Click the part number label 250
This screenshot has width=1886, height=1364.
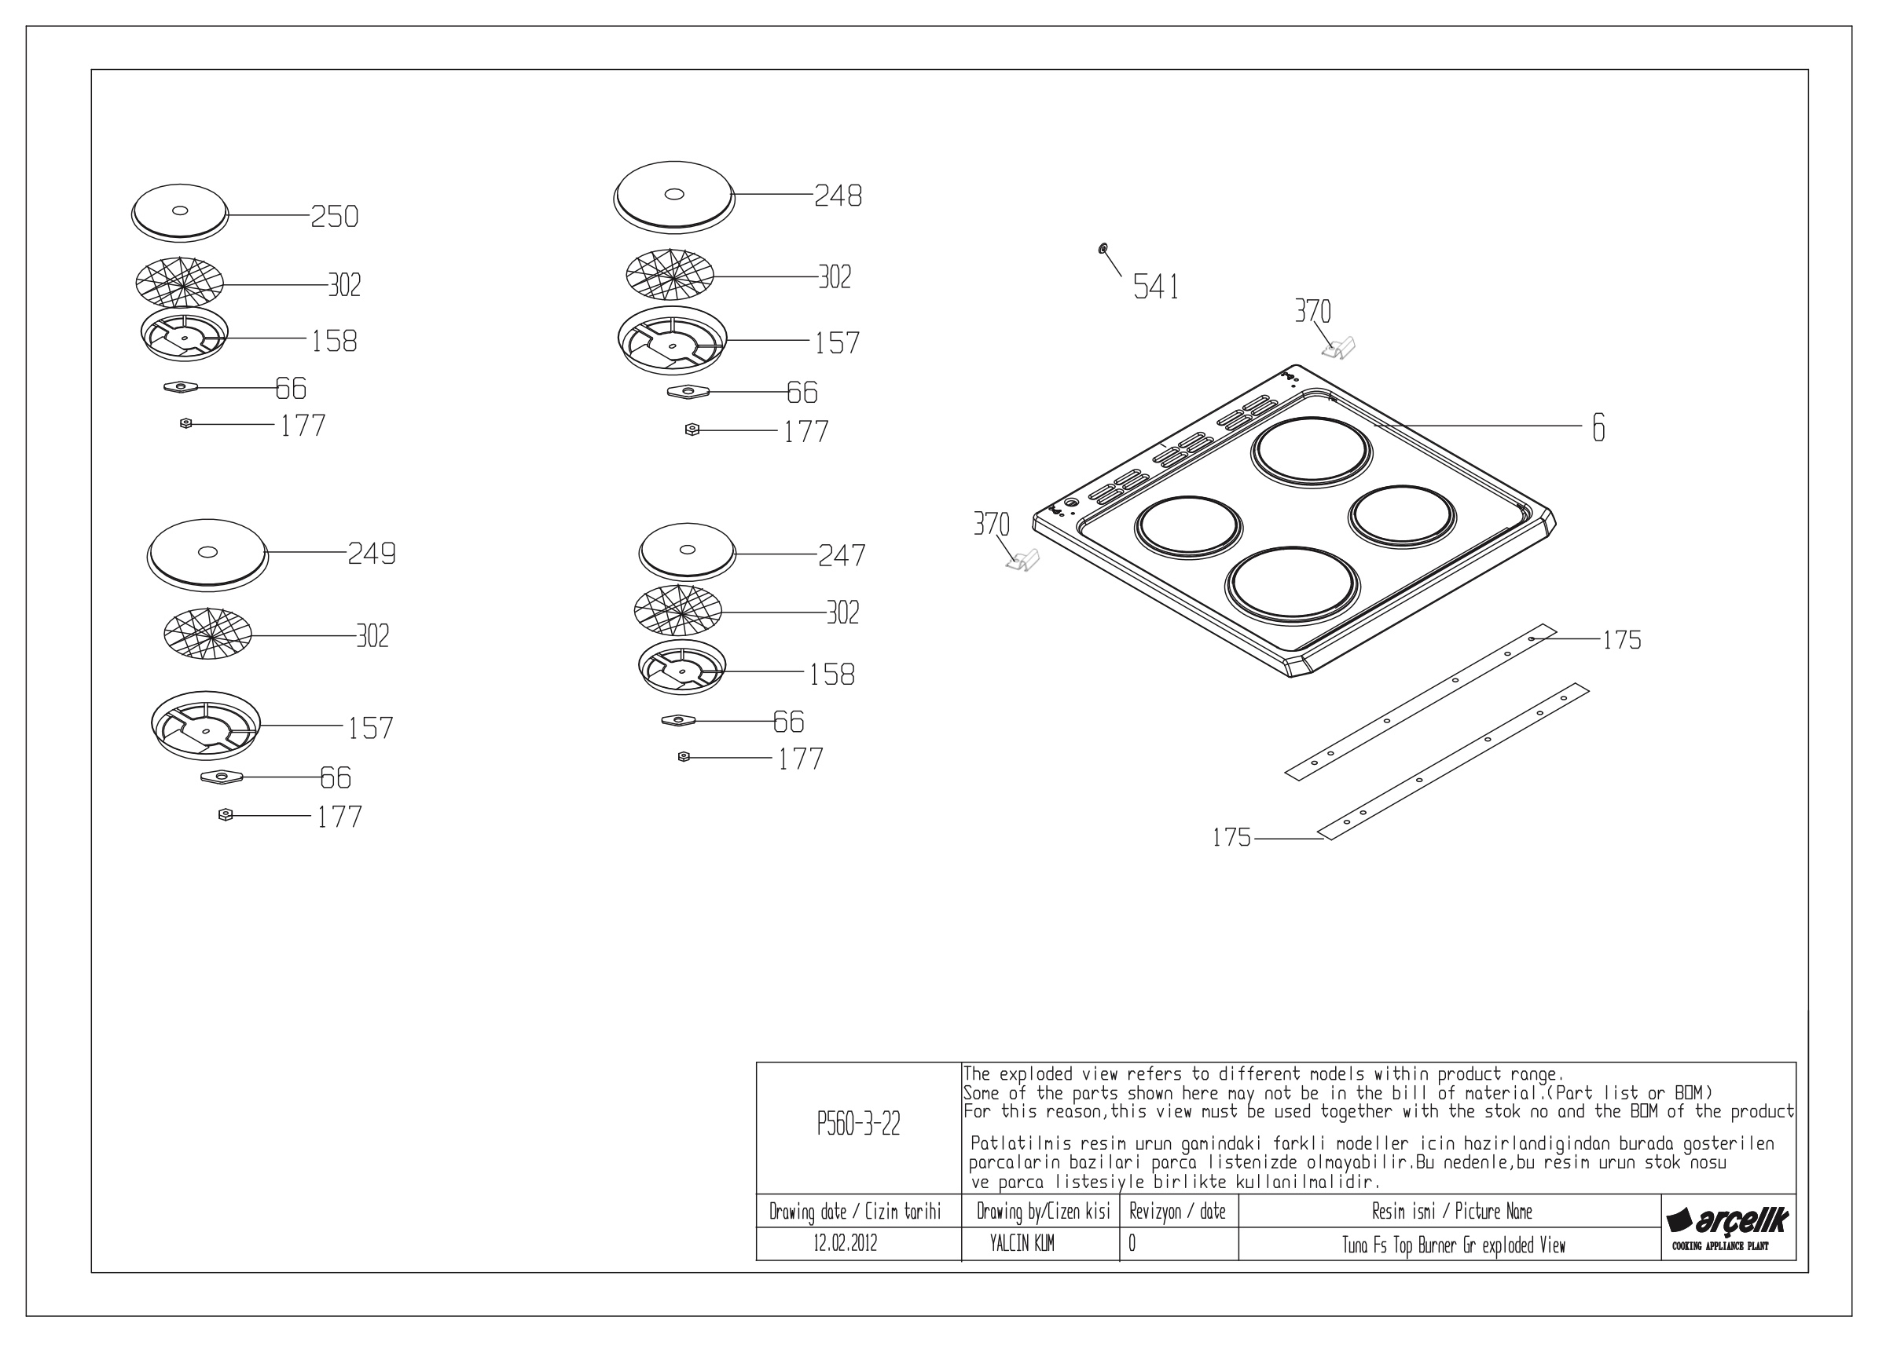334,216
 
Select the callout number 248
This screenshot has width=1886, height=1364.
838,196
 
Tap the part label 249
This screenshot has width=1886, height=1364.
372,554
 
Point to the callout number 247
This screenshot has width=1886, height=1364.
842,555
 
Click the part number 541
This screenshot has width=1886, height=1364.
1156,287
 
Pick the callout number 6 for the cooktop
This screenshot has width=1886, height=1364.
1598,427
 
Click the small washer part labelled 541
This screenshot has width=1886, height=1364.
1103,247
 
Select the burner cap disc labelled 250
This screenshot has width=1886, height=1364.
180,211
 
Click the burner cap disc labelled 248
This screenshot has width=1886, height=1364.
674,198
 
